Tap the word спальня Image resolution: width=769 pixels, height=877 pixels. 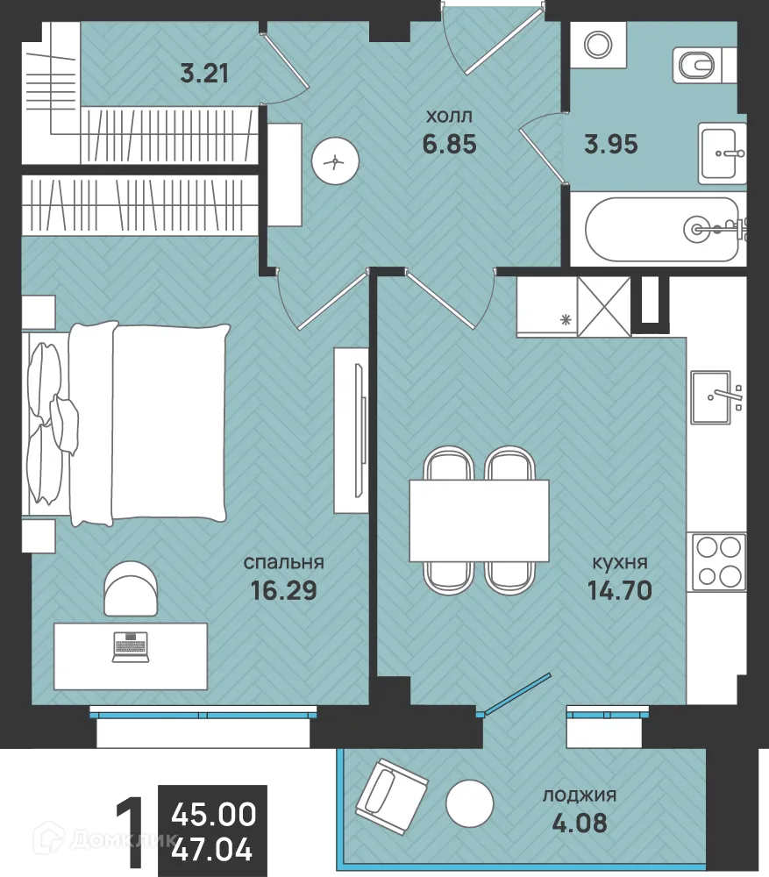pos(284,562)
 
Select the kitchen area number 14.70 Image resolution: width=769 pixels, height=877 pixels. pos(619,590)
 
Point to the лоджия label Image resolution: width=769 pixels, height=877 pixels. pos(579,795)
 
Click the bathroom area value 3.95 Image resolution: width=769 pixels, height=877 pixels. pos(611,143)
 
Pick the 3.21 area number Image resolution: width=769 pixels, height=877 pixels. pos(204,73)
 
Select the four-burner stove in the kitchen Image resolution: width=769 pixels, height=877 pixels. pos(717,562)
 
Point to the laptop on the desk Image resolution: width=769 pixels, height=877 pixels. pos(131,647)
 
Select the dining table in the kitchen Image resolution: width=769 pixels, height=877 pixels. pos(479,520)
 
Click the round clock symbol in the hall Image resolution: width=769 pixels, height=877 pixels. pos(335,161)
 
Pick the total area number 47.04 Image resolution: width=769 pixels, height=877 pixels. pos(212,849)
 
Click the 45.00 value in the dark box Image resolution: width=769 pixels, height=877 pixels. pos(213,814)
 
